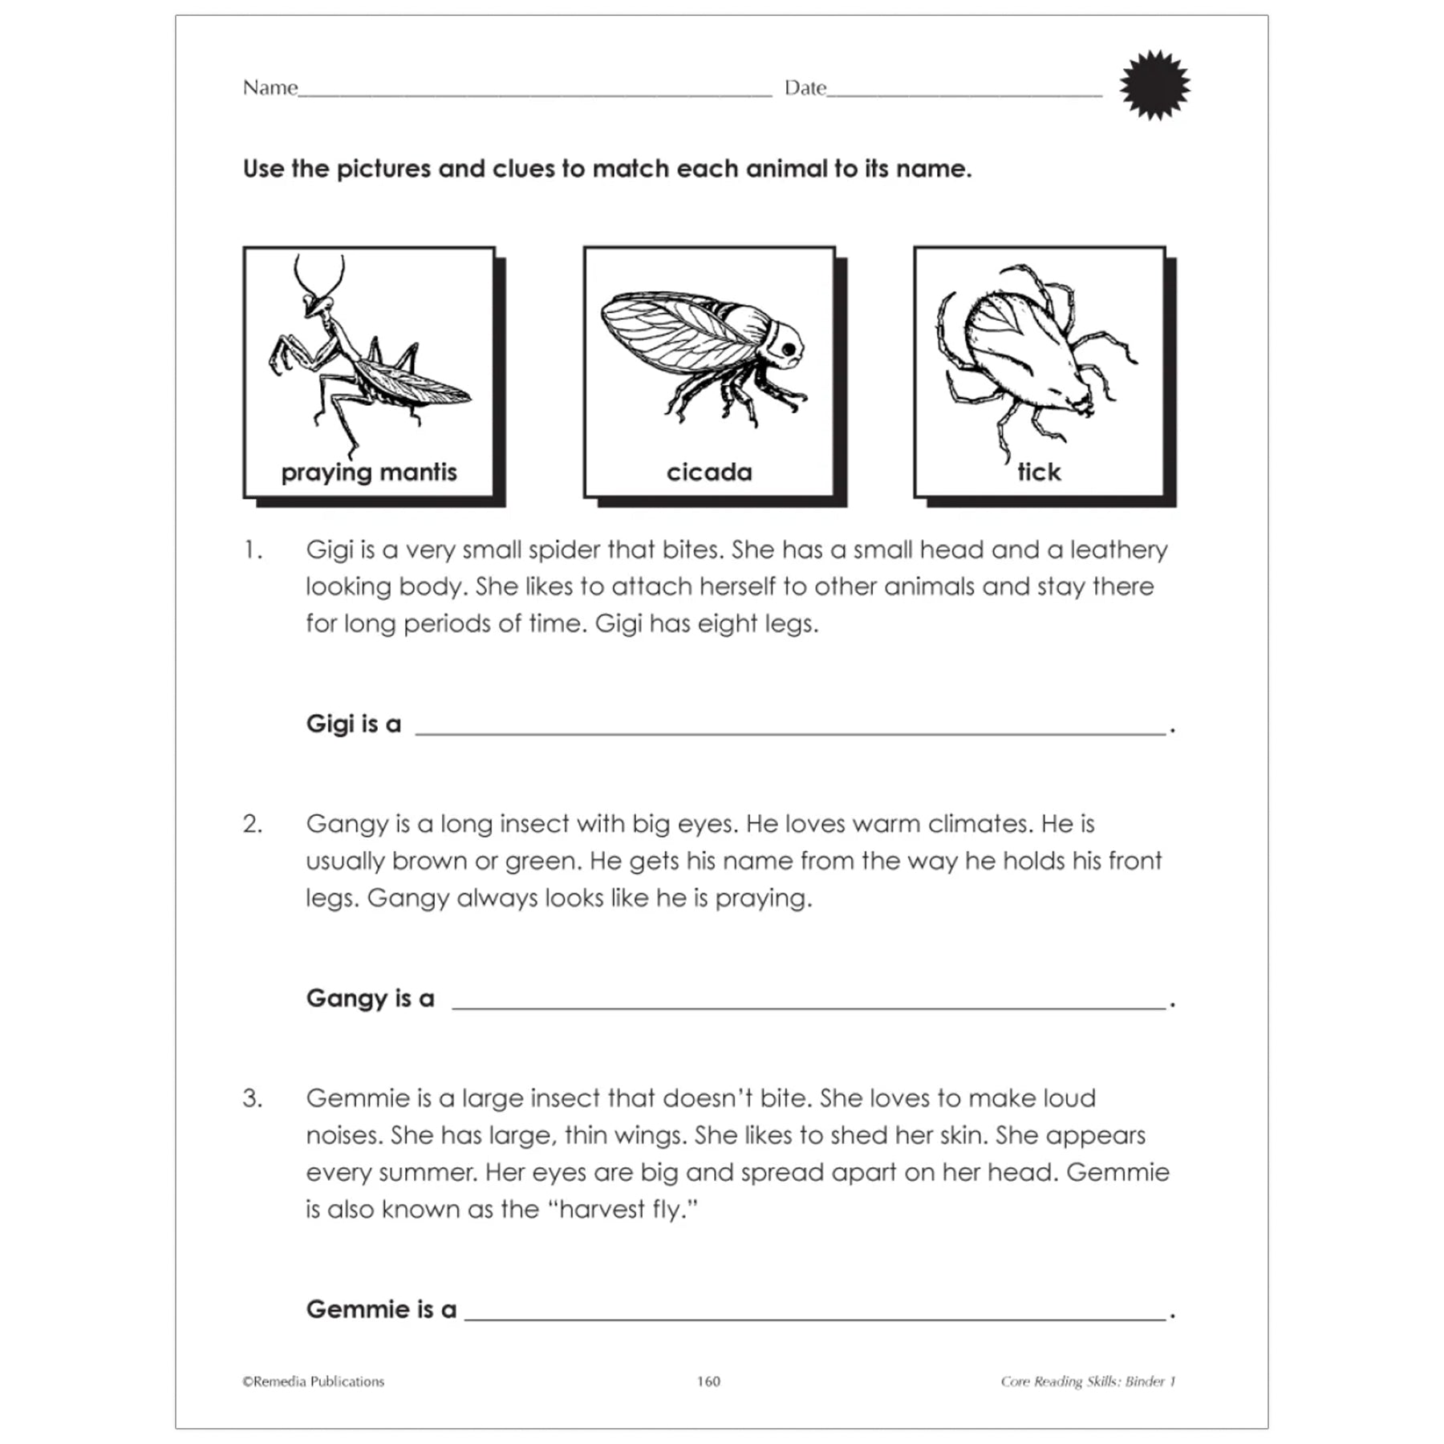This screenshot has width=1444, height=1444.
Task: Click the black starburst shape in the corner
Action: pos(1154,85)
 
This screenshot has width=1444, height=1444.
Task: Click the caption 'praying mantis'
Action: pos(369,472)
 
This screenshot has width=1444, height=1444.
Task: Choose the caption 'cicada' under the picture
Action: pos(709,472)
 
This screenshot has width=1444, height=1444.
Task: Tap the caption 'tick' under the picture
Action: pos(1039,472)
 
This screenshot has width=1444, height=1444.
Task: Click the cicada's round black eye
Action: pos(789,350)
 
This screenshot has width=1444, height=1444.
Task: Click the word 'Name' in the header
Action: pos(270,87)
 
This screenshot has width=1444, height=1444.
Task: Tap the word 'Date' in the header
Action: pos(805,87)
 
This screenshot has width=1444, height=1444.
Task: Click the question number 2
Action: pos(252,824)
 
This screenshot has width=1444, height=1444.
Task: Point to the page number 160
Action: pos(708,1381)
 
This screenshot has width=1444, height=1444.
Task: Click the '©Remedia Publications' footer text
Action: pos(314,1381)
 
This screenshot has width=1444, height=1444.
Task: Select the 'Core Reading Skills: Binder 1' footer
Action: pos(1088,1381)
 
